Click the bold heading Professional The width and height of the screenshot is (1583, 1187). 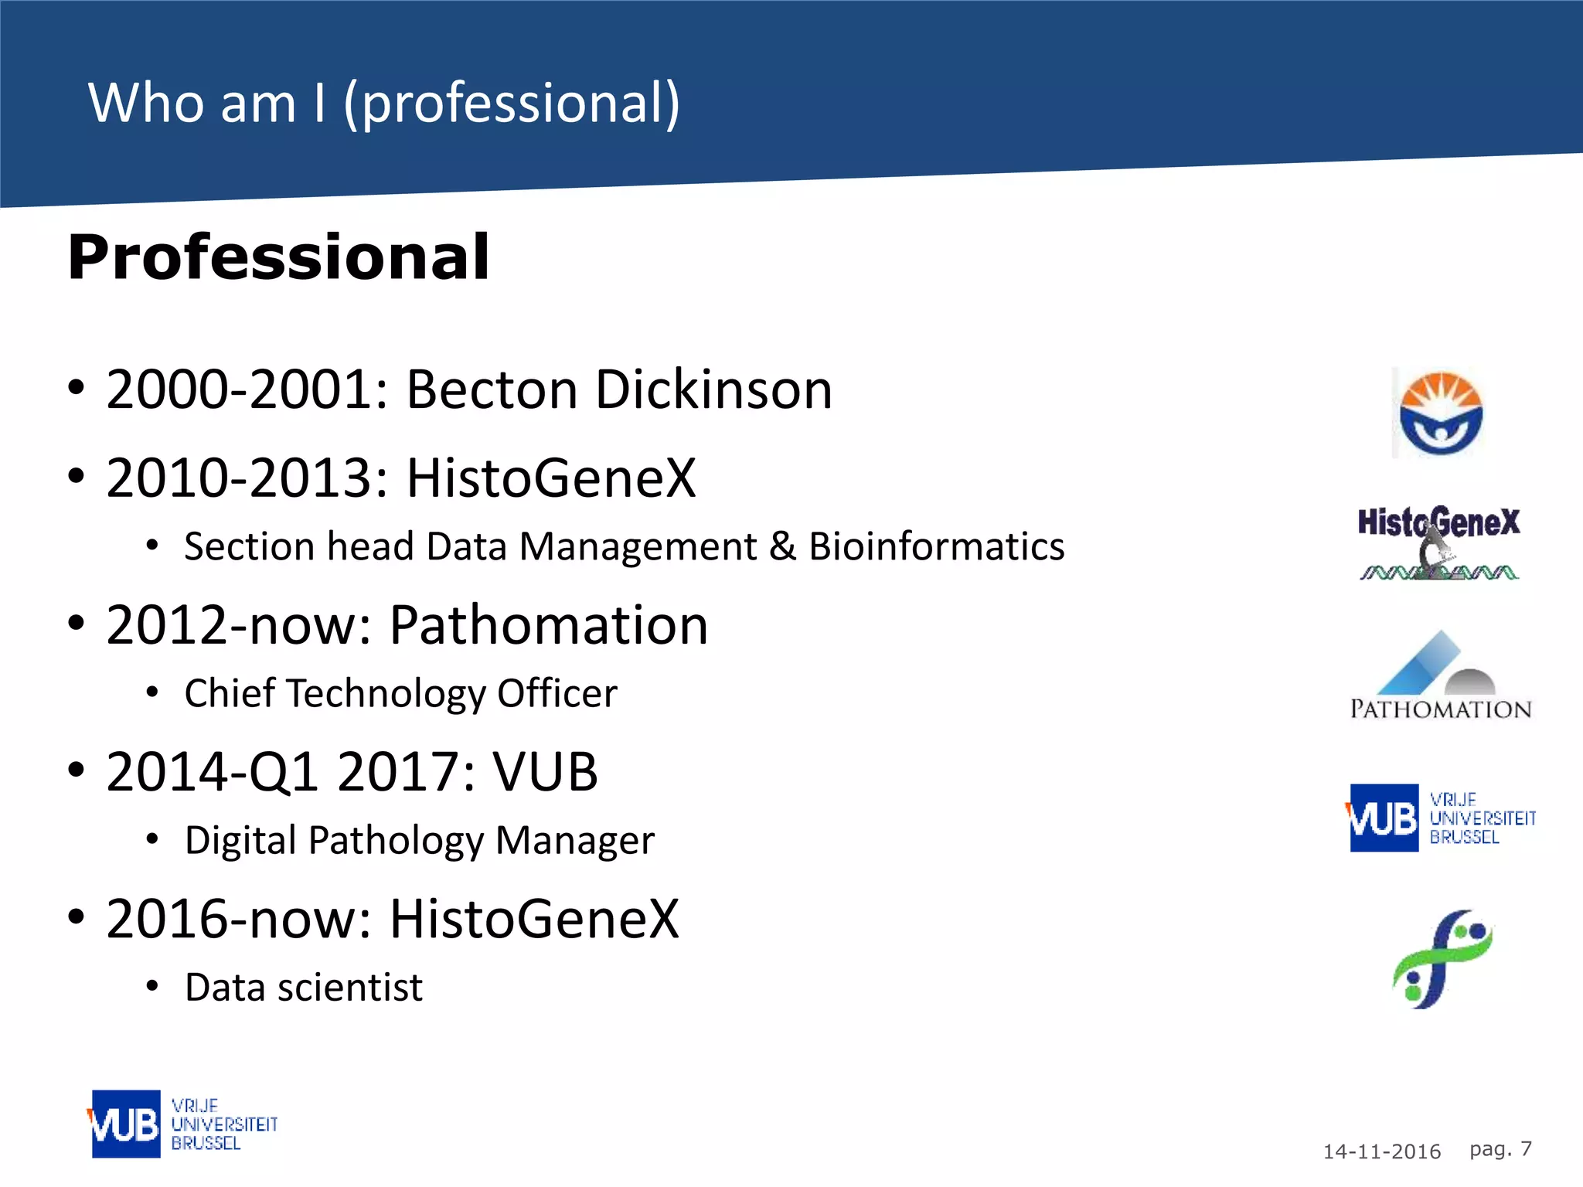pyautogui.click(x=278, y=257)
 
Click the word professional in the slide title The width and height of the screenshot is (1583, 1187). pyautogui.click(x=511, y=103)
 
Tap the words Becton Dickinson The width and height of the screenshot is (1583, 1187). pyautogui.click(x=619, y=389)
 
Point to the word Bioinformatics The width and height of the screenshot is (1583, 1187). pyautogui.click(x=936, y=546)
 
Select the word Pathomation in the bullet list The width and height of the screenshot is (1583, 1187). pyautogui.click(x=548, y=625)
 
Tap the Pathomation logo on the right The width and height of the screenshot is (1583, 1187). pyautogui.click(x=1440, y=676)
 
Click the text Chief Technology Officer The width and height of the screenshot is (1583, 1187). pyautogui.click(x=400, y=693)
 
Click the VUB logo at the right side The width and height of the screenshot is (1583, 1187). pyautogui.click(x=1440, y=818)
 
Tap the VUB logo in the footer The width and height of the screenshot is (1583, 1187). pyautogui.click(x=182, y=1124)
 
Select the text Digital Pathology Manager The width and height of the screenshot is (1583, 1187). pyautogui.click(x=419, y=841)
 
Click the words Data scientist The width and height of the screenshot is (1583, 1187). pyautogui.click(x=304, y=988)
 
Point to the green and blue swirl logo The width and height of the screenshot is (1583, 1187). pyautogui.click(x=1442, y=959)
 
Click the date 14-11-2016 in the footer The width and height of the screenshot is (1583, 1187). pyautogui.click(x=1381, y=1151)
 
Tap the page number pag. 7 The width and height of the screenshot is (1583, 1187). pyautogui.click(x=1500, y=1149)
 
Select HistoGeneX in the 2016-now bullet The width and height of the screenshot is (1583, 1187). pyautogui.click(x=534, y=920)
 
